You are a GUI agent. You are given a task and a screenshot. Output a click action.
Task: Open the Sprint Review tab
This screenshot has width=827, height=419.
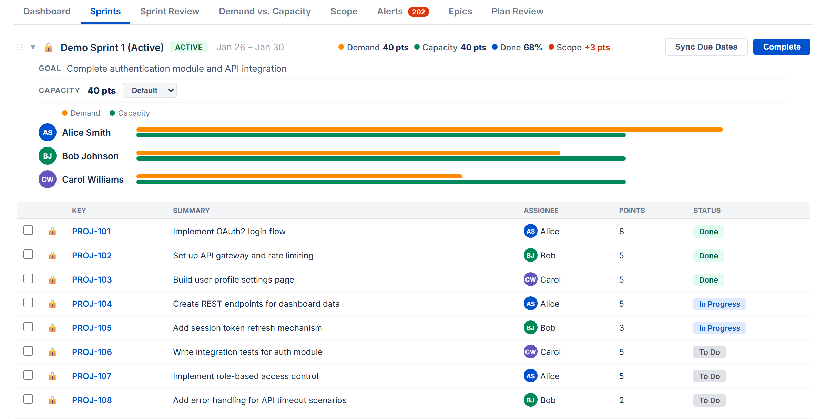tap(170, 12)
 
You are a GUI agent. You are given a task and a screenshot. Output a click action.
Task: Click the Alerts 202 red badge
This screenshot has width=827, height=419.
tap(418, 12)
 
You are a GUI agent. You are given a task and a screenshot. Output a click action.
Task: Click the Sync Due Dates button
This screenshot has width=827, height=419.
tap(706, 47)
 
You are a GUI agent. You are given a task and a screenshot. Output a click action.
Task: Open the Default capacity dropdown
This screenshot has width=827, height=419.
tap(150, 90)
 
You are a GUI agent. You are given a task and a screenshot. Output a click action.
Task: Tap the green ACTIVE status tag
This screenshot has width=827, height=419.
tap(188, 47)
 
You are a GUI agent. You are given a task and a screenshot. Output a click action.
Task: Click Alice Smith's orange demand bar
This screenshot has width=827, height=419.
tap(429, 130)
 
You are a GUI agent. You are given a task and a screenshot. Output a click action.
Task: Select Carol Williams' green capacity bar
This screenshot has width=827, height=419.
tap(381, 182)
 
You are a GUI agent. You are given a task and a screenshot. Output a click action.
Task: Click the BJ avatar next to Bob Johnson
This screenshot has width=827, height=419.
tap(48, 156)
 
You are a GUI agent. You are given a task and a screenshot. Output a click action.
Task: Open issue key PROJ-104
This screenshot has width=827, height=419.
tap(92, 304)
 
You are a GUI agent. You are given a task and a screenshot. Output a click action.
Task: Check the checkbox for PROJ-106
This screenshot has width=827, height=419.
tap(28, 351)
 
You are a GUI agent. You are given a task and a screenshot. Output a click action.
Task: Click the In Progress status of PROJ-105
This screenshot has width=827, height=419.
tap(719, 328)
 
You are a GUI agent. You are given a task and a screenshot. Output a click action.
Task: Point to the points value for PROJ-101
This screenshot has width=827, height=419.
tap(621, 232)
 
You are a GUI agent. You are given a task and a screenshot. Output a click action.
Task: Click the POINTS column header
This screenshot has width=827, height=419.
tap(632, 211)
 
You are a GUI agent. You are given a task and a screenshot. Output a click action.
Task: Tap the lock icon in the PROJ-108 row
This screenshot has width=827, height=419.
tap(52, 400)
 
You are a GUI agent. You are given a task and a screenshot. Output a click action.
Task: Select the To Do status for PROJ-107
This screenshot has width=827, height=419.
tap(709, 376)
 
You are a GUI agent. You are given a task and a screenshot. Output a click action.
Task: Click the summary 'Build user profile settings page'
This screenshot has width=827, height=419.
tap(233, 279)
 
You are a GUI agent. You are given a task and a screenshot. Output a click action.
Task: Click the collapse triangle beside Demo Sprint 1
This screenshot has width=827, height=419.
tap(33, 47)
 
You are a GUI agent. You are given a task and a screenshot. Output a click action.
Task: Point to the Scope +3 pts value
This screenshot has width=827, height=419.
tap(597, 48)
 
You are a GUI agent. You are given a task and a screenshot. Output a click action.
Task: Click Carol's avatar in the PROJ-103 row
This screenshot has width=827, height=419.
tap(530, 279)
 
